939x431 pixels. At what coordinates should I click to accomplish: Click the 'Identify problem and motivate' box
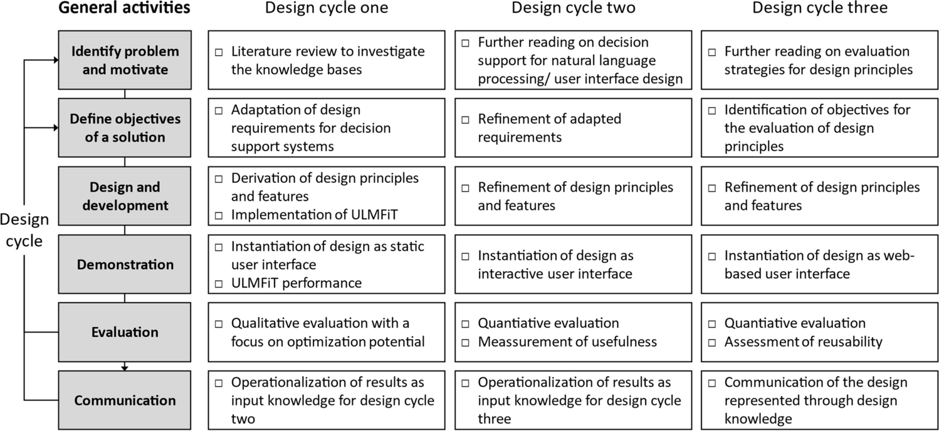coord(125,60)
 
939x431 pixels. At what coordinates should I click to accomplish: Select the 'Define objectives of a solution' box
coord(125,127)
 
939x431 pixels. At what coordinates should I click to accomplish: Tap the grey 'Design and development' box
coord(125,196)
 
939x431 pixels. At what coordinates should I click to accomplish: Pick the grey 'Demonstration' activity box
coord(125,264)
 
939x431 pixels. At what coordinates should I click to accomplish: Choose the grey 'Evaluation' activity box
coord(125,332)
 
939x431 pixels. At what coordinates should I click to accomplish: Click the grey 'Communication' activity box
coord(125,400)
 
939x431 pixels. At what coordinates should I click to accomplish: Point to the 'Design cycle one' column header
coord(327,8)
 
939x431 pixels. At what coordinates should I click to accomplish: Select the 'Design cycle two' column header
coord(574,8)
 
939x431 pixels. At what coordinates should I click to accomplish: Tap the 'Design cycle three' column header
coord(820,8)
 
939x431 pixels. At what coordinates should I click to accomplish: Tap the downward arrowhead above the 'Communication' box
coord(125,367)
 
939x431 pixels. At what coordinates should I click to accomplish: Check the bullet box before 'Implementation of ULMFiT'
coord(219,215)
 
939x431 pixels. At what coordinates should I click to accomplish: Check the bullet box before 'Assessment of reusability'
coord(712,342)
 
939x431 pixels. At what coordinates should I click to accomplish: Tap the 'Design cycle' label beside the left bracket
coord(24,230)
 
